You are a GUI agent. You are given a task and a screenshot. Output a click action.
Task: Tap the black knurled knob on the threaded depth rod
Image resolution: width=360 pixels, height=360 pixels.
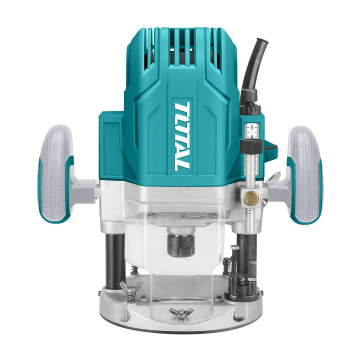click(251, 147)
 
